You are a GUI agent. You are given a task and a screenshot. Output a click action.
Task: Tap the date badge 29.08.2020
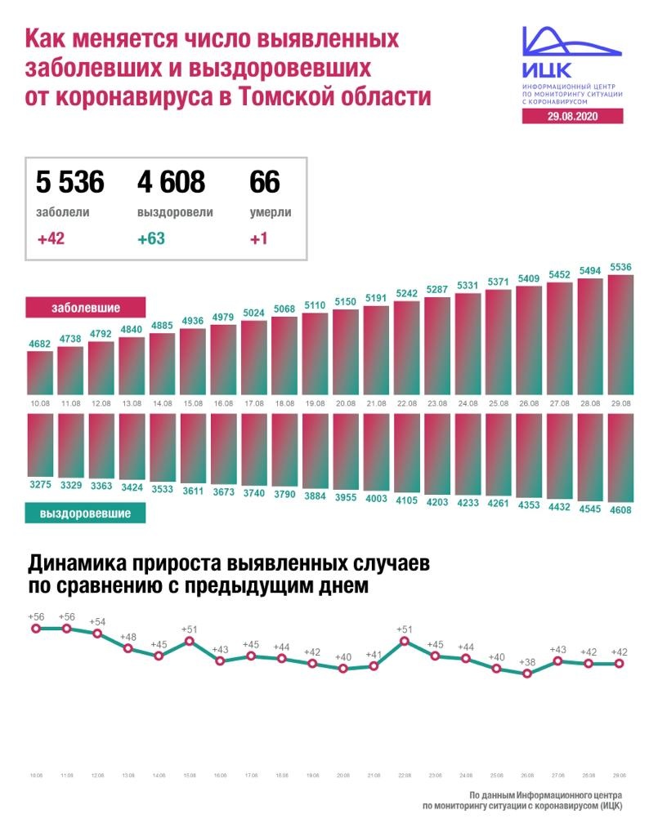tap(572, 117)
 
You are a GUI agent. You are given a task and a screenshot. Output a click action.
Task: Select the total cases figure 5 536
tap(70, 182)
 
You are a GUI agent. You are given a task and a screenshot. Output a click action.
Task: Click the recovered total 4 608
tap(171, 182)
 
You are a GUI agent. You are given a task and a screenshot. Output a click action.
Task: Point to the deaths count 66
tap(265, 182)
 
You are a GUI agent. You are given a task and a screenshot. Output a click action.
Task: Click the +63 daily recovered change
tap(153, 239)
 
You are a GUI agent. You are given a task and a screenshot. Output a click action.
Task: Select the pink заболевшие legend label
tap(86, 308)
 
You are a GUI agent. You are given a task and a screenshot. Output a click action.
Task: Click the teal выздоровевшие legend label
tap(86, 513)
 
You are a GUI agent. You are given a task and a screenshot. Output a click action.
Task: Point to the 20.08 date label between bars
tap(345, 404)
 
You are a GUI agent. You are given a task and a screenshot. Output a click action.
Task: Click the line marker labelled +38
tap(527, 674)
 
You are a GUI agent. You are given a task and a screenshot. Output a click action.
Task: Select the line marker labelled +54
tap(98, 634)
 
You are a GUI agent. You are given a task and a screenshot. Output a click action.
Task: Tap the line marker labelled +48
tap(128, 648)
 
